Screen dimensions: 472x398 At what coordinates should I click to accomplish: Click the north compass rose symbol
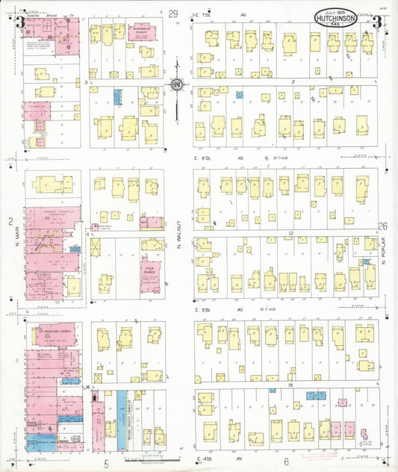[x=177, y=85]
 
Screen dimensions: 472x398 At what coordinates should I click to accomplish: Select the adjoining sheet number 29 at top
[x=173, y=13]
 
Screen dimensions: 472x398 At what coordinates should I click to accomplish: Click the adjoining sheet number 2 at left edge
[x=11, y=221]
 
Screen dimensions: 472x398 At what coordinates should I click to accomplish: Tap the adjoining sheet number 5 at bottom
[x=106, y=463]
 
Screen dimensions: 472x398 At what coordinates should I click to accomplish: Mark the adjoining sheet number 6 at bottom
[x=296, y=462]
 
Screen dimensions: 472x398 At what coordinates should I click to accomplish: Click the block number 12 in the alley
[x=288, y=234]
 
